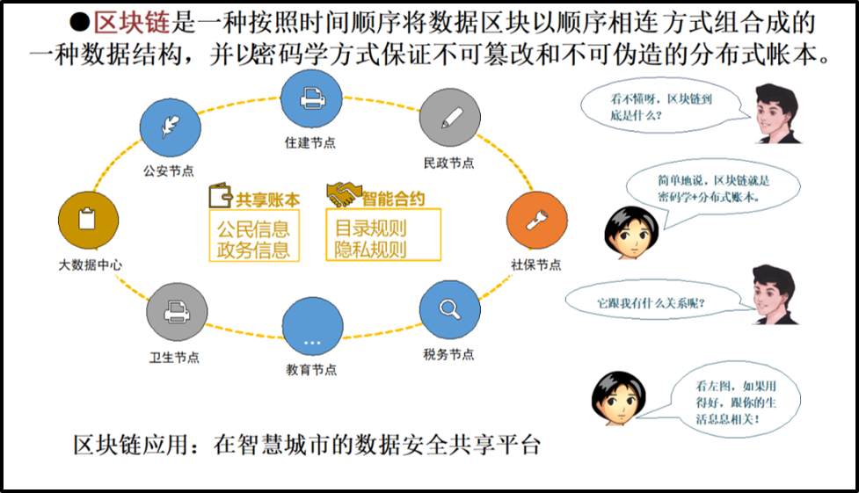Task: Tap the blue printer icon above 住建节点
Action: [x=309, y=100]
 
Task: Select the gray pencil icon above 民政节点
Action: [x=448, y=119]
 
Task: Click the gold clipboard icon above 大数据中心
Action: [x=87, y=218]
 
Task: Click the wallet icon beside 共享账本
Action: [x=220, y=195]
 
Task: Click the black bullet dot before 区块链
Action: [x=80, y=22]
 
